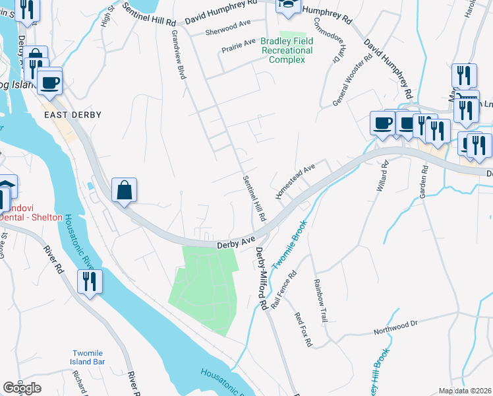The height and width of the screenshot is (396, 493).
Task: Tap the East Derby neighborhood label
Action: pos(72,115)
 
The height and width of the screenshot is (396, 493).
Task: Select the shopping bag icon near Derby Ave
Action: pos(124,191)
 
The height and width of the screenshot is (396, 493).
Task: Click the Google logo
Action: pos(22,387)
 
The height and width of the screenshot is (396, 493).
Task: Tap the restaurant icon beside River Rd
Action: pos(88,282)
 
